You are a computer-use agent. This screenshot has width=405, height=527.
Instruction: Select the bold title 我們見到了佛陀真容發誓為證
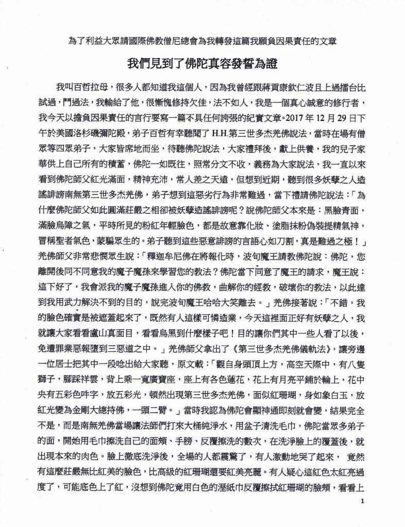click(202, 64)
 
